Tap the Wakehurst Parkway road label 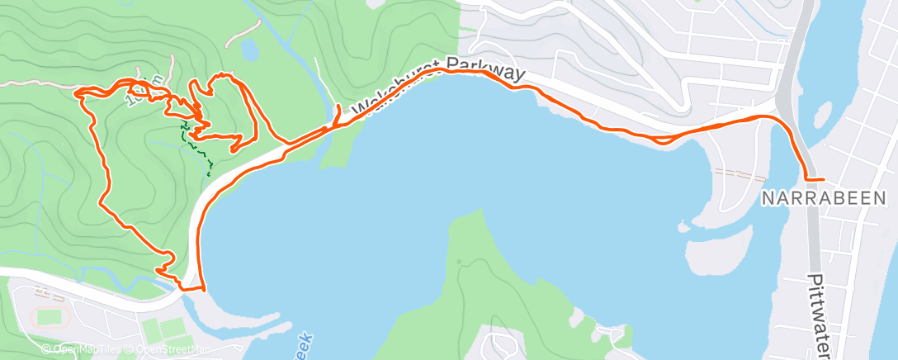(x=437, y=86)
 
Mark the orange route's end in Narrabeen (x=823, y=179)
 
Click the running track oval (x=51, y=316)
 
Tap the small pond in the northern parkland (x=248, y=51)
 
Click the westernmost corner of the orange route (x=77, y=92)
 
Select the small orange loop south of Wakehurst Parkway (x=660, y=140)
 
